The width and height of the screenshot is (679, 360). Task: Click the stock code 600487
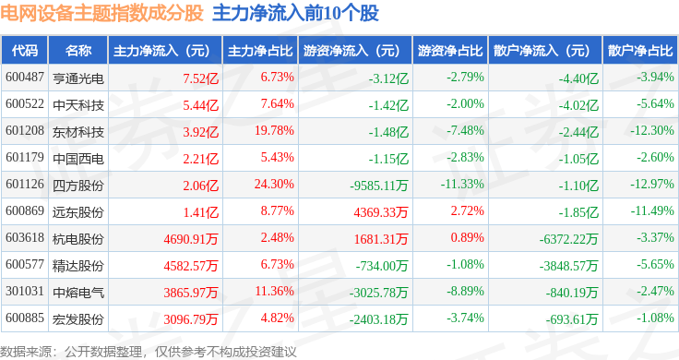pyautogui.click(x=25, y=78)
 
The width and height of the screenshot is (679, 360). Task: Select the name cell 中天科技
pyautogui.click(x=78, y=105)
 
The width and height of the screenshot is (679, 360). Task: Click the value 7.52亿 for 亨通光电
pyautogui.click(x=201, y=78)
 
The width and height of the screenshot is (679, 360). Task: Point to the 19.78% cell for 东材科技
pyautogui.click(x=274, y=131)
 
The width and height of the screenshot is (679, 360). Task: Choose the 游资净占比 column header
pyautogui.click(x=450, y=51)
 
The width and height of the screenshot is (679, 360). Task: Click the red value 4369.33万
pyautogui.click(x=381, y=212)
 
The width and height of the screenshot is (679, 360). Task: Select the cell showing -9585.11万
pyautogui.click(x=379, y=186)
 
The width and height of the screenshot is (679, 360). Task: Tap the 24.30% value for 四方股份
pyautogui.click(x=274, y=185)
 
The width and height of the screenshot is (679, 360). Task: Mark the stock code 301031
pyautogui.click(x=25, y=292)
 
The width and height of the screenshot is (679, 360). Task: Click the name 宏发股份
pyautogui.click(x=78, y=319)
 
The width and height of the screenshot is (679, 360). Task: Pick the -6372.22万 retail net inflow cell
pyautogui.click(x=568, y=239)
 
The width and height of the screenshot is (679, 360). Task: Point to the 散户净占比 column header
pyautogui.click(x=640, y=51)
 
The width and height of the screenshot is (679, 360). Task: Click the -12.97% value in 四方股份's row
pyautogui.click(x=652, y=185)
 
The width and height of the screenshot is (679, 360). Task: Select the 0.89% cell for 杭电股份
pyautogui.click(x=467, y=238)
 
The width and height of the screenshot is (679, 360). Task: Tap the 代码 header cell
pyautogui.click(x=25, y=51)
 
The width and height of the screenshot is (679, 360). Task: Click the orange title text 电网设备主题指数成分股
pyautogui.click(x=101, y=13)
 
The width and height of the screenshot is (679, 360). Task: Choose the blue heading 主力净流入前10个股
pyautogui.click(x=296, y=13)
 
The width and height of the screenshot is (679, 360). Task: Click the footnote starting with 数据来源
pyautogui.click(x=149, y=352)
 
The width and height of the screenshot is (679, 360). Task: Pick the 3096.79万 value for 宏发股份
pyautogui.click(x=191, y=319)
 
